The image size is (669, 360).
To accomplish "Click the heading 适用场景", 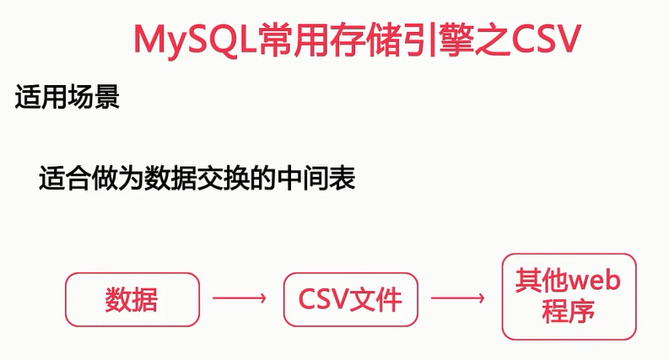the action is [x=67, y=98].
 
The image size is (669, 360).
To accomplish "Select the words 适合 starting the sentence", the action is [x=65, y=180].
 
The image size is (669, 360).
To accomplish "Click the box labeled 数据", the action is [x=132, y=299].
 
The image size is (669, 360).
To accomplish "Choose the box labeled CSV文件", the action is [x=351, y=299].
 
